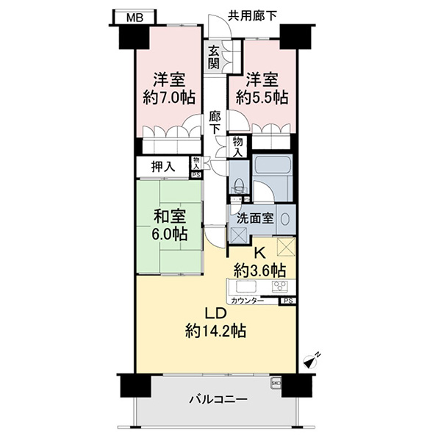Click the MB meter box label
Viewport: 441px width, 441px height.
point(135,18)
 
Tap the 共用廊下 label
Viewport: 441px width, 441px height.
point(252,15)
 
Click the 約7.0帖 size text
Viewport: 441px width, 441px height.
point(169,98)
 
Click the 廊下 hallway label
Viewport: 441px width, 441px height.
point(215,123)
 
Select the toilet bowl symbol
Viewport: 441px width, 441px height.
point(239,184)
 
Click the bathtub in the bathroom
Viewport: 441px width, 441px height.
point(272,164)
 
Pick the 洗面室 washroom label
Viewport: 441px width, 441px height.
point(255,218)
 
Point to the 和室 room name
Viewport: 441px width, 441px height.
point(169,217)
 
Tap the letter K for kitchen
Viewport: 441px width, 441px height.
point(259,254)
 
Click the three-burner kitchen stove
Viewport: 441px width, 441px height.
point(280,287)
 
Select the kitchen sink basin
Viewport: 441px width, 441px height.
point(245,287)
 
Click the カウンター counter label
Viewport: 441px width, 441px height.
point(248,301)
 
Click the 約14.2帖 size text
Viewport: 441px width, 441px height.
point(215,331)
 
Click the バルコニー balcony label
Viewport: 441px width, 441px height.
point(218,399)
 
